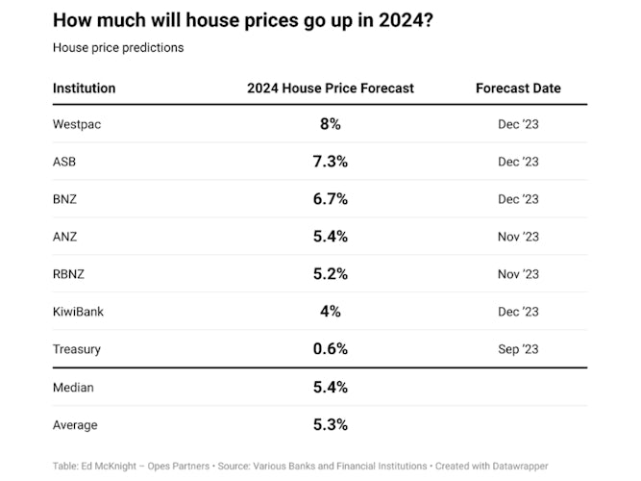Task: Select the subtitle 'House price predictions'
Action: (x=117, y=47)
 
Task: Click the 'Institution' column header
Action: (x=84, y=88)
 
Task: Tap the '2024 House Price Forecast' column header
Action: (x=330, y=88)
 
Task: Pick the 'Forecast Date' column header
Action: (x=518, y=88)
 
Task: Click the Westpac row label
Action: (x=76, y=124)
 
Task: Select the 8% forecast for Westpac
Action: (x=330, y=124)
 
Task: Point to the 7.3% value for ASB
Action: (x=330, y=162)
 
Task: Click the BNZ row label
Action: (x=65, y=199)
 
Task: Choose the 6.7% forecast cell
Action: (x=330, y=199)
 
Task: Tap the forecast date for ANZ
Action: (x=518, y=237)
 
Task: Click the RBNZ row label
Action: (x=68, y=274)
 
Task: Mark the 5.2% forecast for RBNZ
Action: (x=330, y=274)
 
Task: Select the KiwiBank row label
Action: (x=78, y=312)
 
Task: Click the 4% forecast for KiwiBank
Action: (x=330, y=312)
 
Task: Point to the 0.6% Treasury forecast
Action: (x=330, y=349)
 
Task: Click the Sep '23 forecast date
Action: (x=518, y=349)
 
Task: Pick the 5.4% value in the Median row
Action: (x=330, y=388)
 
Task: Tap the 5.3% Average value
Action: (x=330, y=425)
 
